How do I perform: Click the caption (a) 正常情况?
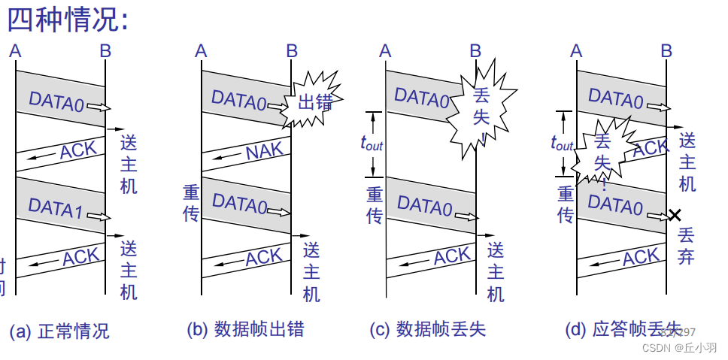pyautogui.click(x=59, y=331)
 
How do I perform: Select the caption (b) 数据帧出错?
pyautogui.click(x=245, y=329)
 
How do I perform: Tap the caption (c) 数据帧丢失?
pyautogui.click(x=428, y=329)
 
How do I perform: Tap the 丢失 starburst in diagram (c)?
pyautogui.click(x=482, y=106)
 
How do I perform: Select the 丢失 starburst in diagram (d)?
pyautogui.click(x=602, y=151)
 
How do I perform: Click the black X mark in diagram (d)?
pyautogui.click(x=674, y=216)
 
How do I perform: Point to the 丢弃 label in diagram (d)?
pyautogui.click(x=685, y=247)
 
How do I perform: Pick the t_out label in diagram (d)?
pyautogui.click(x=562, y=142)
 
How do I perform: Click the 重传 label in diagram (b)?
pyautogui.click(x=190, y=204)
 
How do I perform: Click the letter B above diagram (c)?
pyautogui.click(x=475, y=51)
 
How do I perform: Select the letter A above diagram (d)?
pyautogui.click(x=577, y=51)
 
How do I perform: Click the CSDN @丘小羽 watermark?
pyautogui.click(x=679, y=348)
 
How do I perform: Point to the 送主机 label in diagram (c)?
pyautogui.click(x=496, y=271)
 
